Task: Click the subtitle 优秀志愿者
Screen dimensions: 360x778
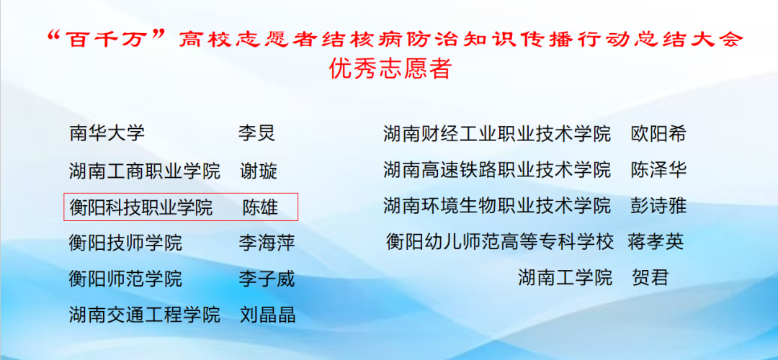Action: click(390, 70)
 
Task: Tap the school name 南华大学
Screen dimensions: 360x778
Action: click(107, 133)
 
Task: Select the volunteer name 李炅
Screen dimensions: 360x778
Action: click(257, 133)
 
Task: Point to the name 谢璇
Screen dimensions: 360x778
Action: click(259, 171)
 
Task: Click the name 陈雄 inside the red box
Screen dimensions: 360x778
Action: click(260, 208)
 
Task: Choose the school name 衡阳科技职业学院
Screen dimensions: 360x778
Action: click(141, 208)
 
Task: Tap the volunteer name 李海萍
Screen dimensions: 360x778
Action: click(267, 243)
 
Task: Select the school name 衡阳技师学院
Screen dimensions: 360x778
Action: click(126, 243)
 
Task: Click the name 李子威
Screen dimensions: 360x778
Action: click(267, 278)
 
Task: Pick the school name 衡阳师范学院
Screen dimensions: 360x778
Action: click(126, 278)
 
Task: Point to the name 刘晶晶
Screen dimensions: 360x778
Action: click(267, 315)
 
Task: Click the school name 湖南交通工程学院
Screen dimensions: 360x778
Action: click(145, 315)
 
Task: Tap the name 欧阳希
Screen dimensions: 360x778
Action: click(658, 133)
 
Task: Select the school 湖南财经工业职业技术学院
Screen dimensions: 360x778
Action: click(497, 133)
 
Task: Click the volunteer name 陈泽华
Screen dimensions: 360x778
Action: click(658, 171)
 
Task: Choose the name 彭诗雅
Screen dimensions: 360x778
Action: click(658, 206)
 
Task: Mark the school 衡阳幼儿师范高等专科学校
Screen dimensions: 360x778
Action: click(500, 241)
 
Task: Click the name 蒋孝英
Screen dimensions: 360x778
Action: click(655, 241)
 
